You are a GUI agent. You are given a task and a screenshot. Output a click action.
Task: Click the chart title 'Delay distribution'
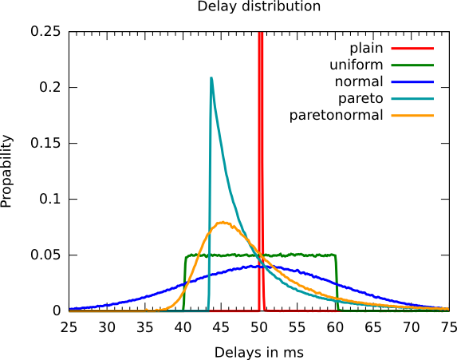259,6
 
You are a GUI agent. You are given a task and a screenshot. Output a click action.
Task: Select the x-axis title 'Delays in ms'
259,352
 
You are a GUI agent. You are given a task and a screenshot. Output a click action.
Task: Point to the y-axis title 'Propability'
6,172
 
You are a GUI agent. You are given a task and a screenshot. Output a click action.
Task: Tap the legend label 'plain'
366,49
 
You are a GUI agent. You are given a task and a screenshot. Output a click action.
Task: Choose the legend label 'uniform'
357,65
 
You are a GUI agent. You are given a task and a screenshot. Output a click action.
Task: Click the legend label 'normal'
359,82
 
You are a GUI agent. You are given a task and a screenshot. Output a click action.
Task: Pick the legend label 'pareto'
360,99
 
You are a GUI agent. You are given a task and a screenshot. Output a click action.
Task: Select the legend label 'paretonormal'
336,116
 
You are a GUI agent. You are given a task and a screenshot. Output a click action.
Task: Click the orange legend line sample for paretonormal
412,116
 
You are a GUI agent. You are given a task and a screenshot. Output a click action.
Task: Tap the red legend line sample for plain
412,49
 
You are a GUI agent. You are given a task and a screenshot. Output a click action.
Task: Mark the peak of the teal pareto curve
211,77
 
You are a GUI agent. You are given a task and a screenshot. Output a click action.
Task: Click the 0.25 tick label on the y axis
45,31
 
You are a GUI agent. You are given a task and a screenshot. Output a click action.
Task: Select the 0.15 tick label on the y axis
45,143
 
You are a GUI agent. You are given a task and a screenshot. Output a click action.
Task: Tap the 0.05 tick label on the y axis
45,255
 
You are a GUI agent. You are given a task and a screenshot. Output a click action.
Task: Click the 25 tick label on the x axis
69,327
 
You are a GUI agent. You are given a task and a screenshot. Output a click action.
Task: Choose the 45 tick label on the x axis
221,327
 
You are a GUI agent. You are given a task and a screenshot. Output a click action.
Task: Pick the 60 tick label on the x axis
335,327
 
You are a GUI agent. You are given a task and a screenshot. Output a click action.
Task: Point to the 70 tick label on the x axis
412,327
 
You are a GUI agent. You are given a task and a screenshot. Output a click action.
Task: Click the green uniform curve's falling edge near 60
337,283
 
